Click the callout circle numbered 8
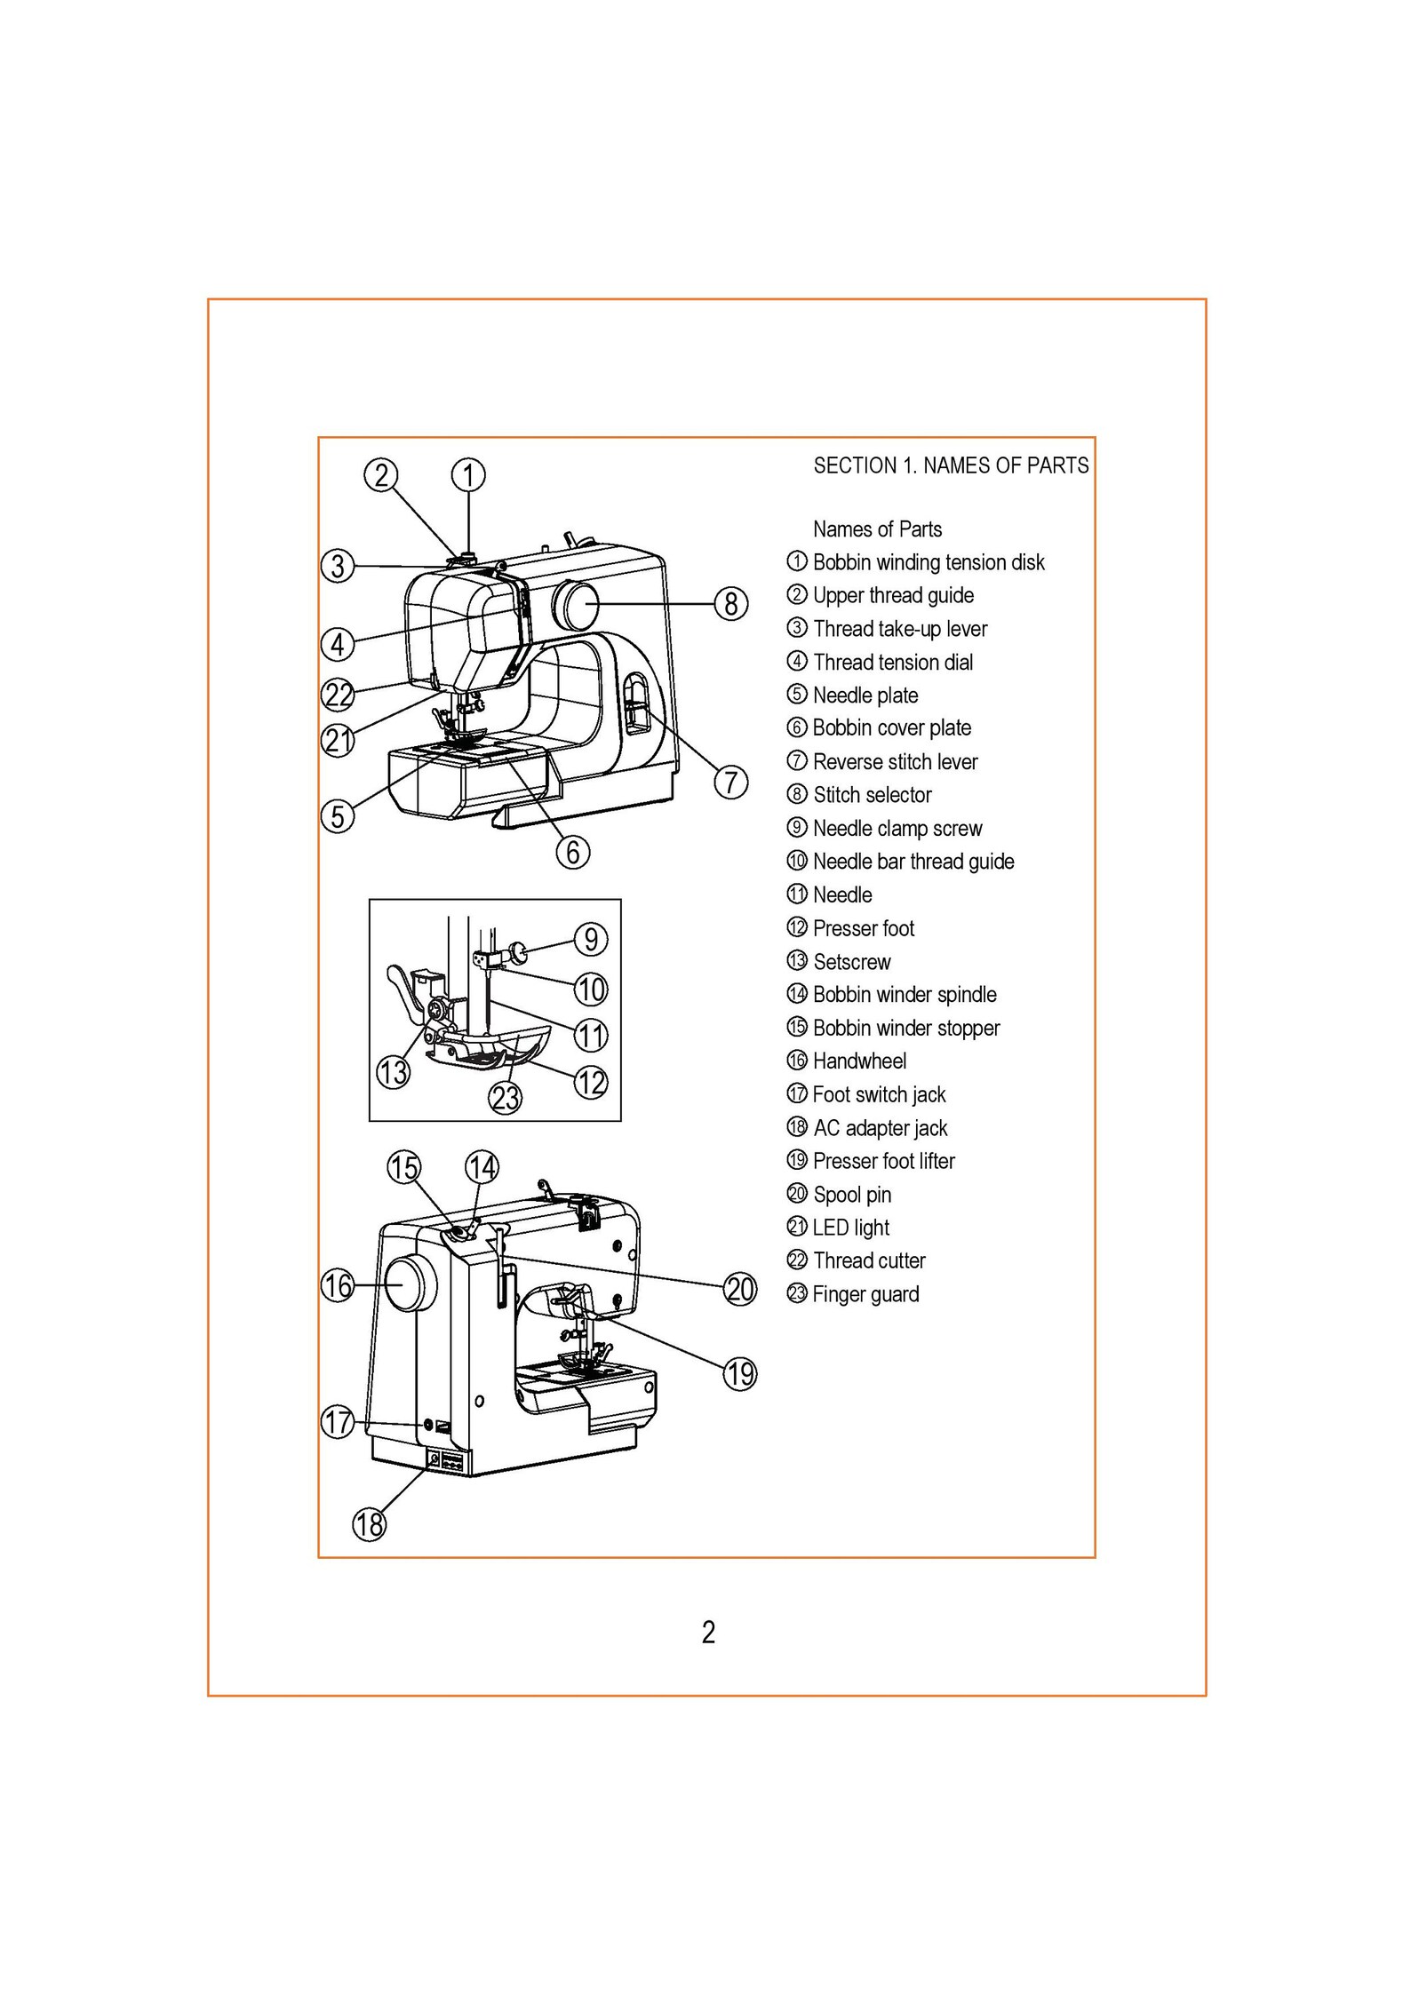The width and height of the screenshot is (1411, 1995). tap(730, 604)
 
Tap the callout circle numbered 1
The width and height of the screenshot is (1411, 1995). tap(468, 474)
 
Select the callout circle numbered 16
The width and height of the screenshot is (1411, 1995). tap(338, 1285)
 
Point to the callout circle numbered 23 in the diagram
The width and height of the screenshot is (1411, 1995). tap(505, 1099)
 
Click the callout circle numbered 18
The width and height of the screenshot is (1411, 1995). tap(370, 1524)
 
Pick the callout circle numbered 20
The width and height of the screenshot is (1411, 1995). tap(739, 1289)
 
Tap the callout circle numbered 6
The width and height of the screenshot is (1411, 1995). tap(573, 853)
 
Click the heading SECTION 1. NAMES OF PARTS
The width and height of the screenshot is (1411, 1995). tap(951, 465)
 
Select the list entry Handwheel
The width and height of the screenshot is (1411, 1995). tap(859, 1061)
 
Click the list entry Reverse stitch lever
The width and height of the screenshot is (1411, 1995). tap(895, 761)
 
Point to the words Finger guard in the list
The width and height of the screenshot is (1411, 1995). tap(865, 1294)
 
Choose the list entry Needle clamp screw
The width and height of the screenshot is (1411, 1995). tap(897, 828)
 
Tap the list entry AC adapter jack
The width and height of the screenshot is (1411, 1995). tap(880, 1128)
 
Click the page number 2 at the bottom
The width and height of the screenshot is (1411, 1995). tap(708, 1633)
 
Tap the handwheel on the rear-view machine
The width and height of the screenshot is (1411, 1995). tap(410, 1284)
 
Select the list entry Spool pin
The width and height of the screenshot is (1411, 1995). tap(851, 1195)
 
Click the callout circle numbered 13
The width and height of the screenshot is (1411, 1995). tap(393, 1072)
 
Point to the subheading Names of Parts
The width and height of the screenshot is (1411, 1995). tap(877, 529)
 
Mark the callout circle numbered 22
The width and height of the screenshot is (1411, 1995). tap(338, 695)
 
